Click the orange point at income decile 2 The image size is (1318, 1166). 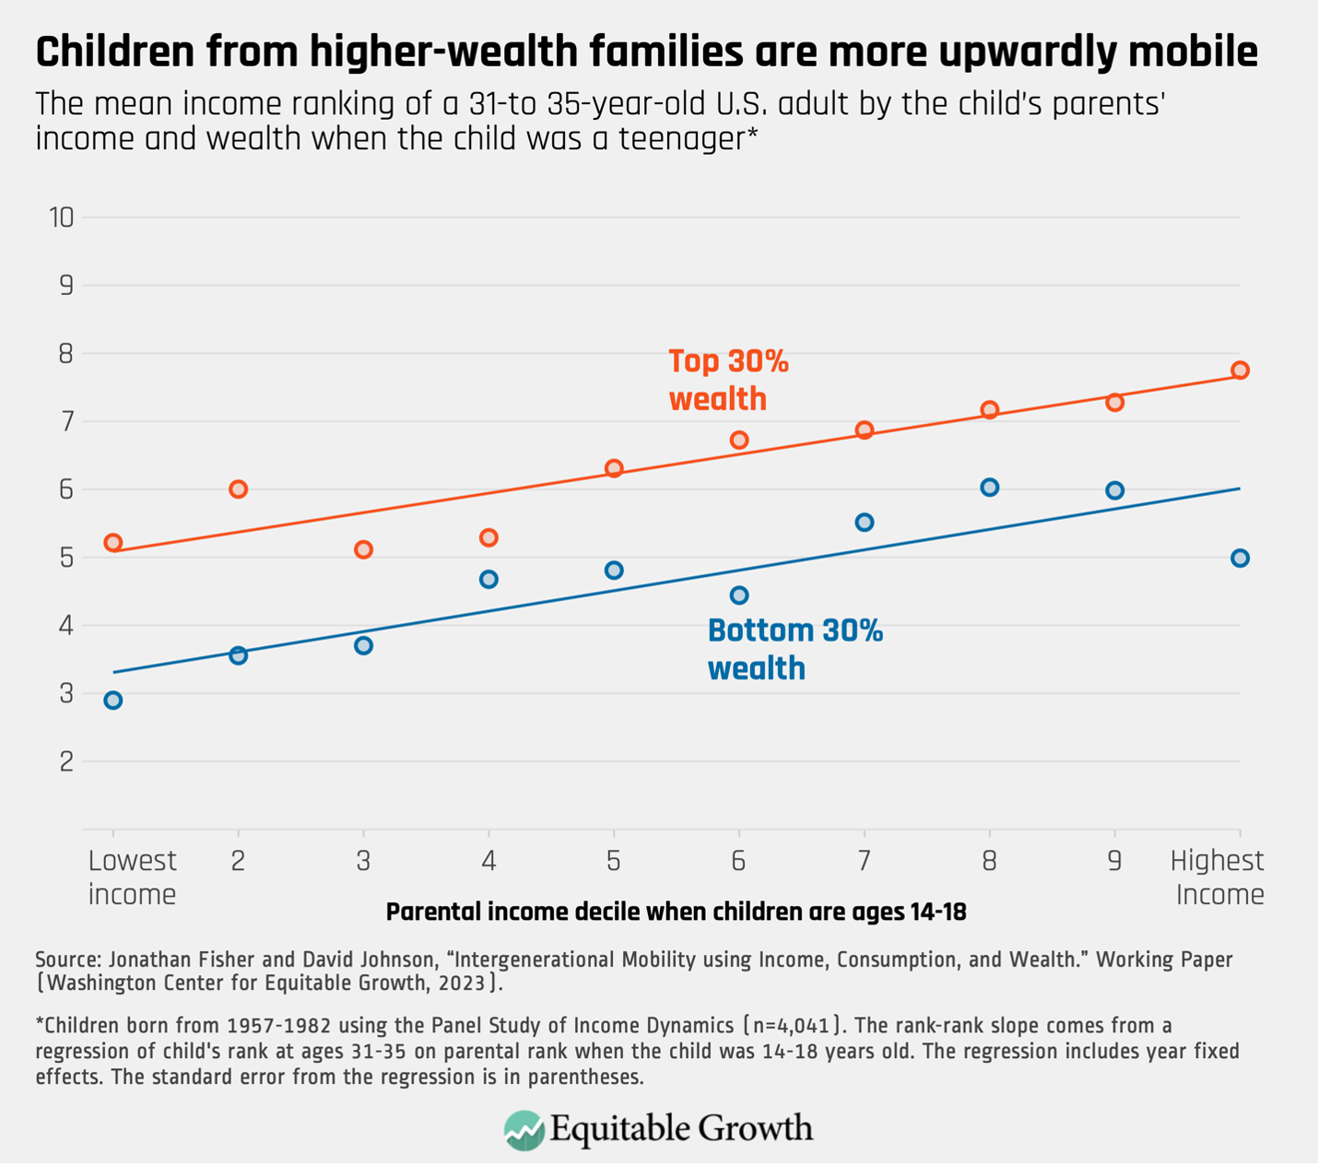(238, 489)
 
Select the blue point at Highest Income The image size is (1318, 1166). (1240, 558)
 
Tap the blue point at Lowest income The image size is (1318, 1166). (112, 700)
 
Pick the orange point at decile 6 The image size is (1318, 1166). (738, 440)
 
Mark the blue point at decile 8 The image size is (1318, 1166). (989, 487)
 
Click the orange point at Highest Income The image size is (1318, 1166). (1240, 370)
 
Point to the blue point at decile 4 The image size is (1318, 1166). (488, 579)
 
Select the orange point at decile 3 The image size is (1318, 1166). (363, 549)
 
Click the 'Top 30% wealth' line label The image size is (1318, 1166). (728, 380)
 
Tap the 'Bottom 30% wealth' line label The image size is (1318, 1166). (794, 649)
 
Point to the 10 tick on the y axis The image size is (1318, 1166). (62, 218)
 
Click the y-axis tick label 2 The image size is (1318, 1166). (65, 761)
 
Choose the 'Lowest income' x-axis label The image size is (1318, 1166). (132, 877)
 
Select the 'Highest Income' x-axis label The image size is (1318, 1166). (1218, 877)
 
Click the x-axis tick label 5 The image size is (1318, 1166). (613, 861)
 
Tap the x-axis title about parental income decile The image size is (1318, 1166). (676, 912)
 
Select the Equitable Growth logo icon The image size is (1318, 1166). (524, 1130)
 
